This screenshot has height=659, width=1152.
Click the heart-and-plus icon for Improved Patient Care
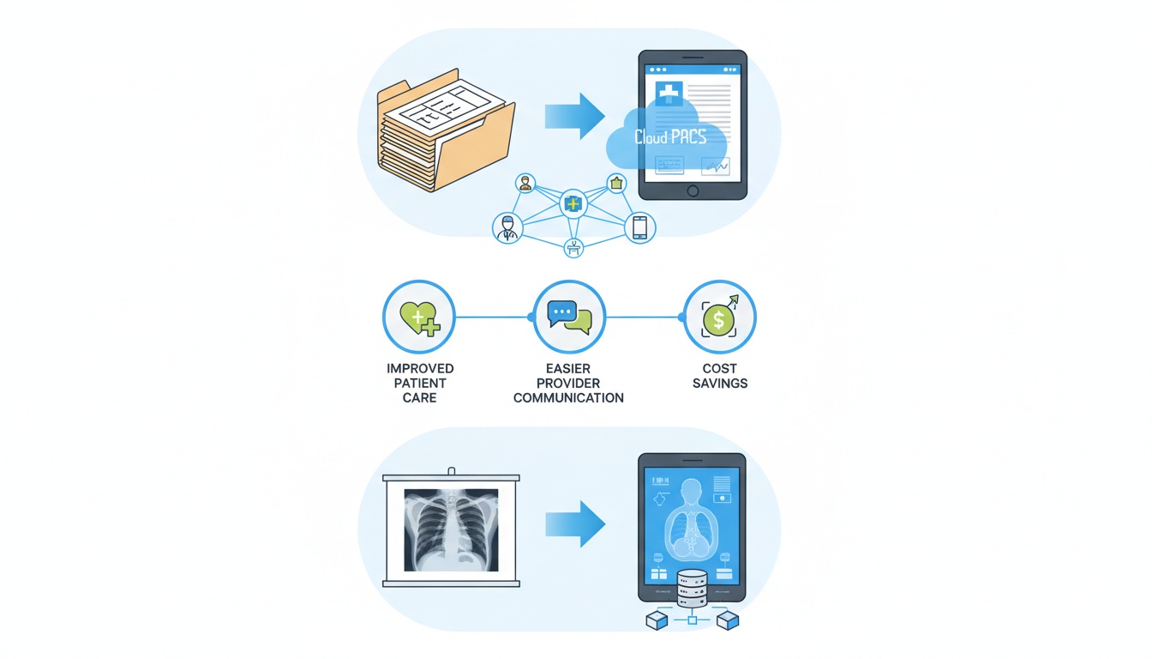click(x=418, y=317)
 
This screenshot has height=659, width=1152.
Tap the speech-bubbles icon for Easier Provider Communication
click(x=569, y=317)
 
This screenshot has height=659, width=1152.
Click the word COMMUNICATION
click(x=568, y=398)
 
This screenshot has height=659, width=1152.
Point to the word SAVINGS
click(x=720, y=384)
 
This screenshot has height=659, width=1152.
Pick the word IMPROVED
click(x=420, y=369)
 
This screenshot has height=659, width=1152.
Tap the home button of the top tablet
click(x=693, y=190)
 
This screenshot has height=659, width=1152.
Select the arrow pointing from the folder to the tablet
click(x=575, y=115)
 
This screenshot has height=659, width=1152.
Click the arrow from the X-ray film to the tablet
click(x=575, y=523)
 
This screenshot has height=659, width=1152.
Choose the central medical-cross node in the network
click(x=573, y=204)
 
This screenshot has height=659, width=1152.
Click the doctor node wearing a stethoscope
click(x=507, y=228)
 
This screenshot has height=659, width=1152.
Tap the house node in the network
click(x=616, y=182)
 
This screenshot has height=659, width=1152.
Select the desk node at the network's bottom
click(x=573, y=248)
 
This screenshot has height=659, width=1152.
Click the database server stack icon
click(x=692, y=589)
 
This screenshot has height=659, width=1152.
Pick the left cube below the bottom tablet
click(x=657, y=620)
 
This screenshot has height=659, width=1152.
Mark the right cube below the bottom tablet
click(x=727, y=620)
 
